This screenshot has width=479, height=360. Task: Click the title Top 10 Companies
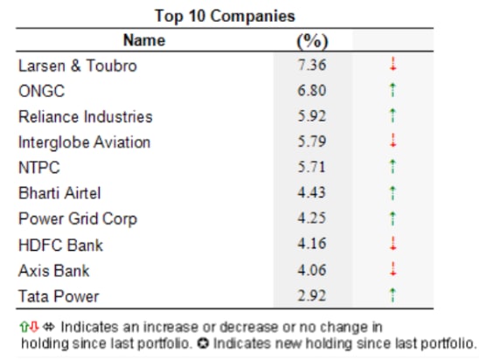pyautogui.click(x=225, y=16)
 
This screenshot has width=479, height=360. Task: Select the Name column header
pyautogui.click(x=144, y=40)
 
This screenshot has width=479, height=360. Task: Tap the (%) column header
pyautogui.click(x=312, y=41)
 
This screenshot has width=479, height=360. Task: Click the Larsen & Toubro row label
pyautogui.click(x=78, y=66)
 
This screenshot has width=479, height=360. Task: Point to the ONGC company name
pyautogui.click(x=42, y=91)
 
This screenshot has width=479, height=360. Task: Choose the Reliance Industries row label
pyautogui.click(x=86, y=116)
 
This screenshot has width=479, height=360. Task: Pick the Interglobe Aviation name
pyautogui.click(x=85, y=142)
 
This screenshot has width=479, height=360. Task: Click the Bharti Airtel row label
pyautogui.click(x=59, y=193)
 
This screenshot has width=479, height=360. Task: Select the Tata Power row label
pyautogui.click(x=59, y=296)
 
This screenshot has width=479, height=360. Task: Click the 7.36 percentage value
pyautogui.click(x=312, y=65)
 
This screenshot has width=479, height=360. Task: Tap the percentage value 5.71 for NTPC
pyautogui.click(x=311, y=167)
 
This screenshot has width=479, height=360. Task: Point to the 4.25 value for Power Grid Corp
pyautogui.click(x=311, y=218)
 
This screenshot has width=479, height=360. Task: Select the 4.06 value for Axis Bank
pyautogui.click(x=312, y=270)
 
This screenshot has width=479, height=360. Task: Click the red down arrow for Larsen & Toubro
pyautogui.click(x=393, y=64)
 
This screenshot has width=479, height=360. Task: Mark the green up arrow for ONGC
pyautogui.click(x=393, y=90)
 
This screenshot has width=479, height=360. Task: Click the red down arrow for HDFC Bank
pyautogui.click(x=393, y=244)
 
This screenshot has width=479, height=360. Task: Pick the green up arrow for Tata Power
pyautogui.click(x=393, y=295)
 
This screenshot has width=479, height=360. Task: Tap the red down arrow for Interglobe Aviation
pyautogui.click(x=393, y=141)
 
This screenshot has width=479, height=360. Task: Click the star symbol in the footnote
pyautogui.click(x=203, y=343)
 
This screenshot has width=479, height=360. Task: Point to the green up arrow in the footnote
pyautogui.click(x=24, y=327)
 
